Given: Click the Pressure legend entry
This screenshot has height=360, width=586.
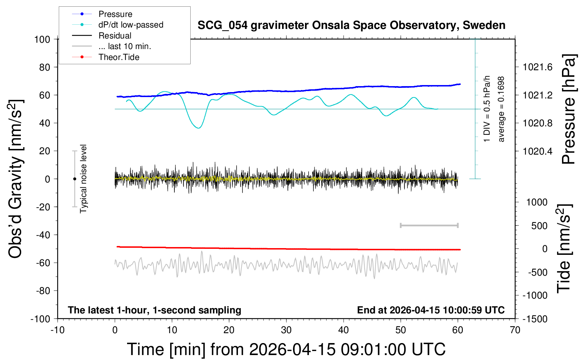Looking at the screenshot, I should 115,14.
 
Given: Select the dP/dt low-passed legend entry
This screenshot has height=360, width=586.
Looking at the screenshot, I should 131,25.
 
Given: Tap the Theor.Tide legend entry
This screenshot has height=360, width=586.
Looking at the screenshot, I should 119,57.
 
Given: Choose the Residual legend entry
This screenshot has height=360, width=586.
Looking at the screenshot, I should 115,36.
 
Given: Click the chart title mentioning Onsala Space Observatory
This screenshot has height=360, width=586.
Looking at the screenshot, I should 351,25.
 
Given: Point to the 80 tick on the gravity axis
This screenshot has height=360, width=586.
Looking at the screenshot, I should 44,67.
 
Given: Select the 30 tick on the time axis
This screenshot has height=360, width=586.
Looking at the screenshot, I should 286,330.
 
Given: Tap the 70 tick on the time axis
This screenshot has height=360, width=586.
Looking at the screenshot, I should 515,330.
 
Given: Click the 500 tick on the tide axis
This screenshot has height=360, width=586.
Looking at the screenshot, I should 539,226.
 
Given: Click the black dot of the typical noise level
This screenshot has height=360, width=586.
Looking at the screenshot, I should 74,179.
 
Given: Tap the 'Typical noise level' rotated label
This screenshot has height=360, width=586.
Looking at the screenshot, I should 83,179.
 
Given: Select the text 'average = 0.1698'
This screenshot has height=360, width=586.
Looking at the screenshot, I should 501,109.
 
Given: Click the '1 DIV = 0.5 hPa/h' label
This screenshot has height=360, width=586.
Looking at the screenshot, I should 487,109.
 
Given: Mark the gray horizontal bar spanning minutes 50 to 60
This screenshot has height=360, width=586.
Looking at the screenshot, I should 429,225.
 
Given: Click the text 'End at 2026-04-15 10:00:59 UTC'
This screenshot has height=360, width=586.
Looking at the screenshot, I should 431,310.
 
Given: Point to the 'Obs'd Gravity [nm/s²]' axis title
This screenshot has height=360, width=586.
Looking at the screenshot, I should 16,179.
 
